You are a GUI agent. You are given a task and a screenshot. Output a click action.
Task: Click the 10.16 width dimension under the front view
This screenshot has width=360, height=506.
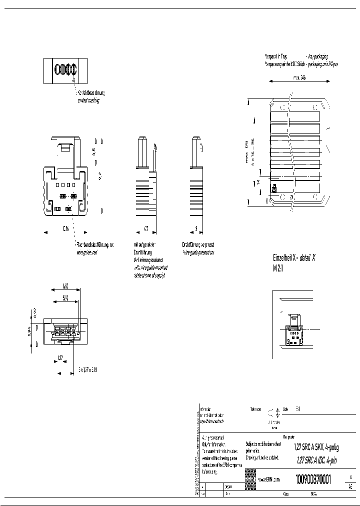tap(65, 229)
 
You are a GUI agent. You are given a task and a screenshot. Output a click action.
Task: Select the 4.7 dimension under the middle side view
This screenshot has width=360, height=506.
tap(146, 229)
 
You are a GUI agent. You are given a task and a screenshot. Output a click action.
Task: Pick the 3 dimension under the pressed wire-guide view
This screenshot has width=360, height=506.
tap(196, 229)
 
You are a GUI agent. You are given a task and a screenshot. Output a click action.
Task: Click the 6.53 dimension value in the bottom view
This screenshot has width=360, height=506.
tap(65, 286)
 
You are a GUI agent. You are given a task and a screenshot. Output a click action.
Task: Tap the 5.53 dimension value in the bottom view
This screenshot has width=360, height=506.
tap(65, 298)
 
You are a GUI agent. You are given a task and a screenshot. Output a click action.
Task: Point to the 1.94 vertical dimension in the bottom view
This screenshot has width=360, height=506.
tap(29, 331)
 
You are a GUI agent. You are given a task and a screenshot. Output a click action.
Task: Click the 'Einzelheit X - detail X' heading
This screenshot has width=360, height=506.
tap(294, 258)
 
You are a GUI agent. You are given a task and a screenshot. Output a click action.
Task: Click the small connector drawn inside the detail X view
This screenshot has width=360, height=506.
tap(293, 330)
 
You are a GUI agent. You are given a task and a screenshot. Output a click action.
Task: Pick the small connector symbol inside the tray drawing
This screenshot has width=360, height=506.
tap(274, 188)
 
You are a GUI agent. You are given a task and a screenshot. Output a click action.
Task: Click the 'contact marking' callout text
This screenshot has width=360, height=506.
tap(88, 100)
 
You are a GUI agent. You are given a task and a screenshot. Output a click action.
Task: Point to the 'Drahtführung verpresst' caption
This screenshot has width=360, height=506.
tap(198, 245)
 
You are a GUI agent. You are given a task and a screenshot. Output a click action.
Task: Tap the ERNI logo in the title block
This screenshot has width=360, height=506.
tap(250, 479)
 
